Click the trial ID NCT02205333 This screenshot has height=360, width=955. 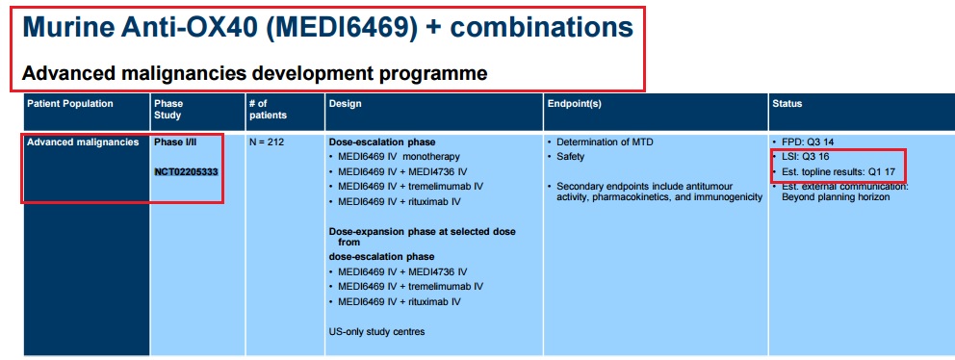[x=187, y=171]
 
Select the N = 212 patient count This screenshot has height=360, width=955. [x=267, y=142]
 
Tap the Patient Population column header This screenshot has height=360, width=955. [x=70, y=104]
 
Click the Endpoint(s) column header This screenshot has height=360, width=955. [x=575, y=104]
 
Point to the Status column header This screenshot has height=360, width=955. [x=787, y=104]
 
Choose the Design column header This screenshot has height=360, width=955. [x=345, y=104]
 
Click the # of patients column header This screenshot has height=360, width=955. [x=268, y=109]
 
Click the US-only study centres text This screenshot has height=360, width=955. [x=377, y=332]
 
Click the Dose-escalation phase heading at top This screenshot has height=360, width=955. [x=382, y=142]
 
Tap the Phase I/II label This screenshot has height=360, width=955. [x=175, y=142]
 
